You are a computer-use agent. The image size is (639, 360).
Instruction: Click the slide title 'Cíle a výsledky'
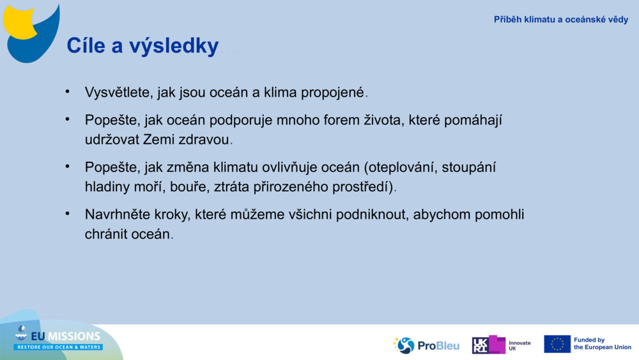pyautogui.click(x=142, y=46)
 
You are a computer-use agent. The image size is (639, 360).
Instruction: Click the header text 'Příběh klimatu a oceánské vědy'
pyautogui.click(x=560, y=20)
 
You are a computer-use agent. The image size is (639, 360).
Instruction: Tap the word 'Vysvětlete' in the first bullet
pyautogui.click(x=119, y=92)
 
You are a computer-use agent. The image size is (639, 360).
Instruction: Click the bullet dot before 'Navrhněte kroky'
pyautogui.click(x=67, y=214)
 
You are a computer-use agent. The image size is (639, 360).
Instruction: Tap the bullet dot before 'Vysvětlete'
pyautogui.click(x=67, y=91)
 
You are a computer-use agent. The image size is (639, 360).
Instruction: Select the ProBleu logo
pyautogui.click(x=427, y=345)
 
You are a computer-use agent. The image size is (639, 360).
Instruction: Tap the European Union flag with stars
pyautogui.click(x=557, y=344)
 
